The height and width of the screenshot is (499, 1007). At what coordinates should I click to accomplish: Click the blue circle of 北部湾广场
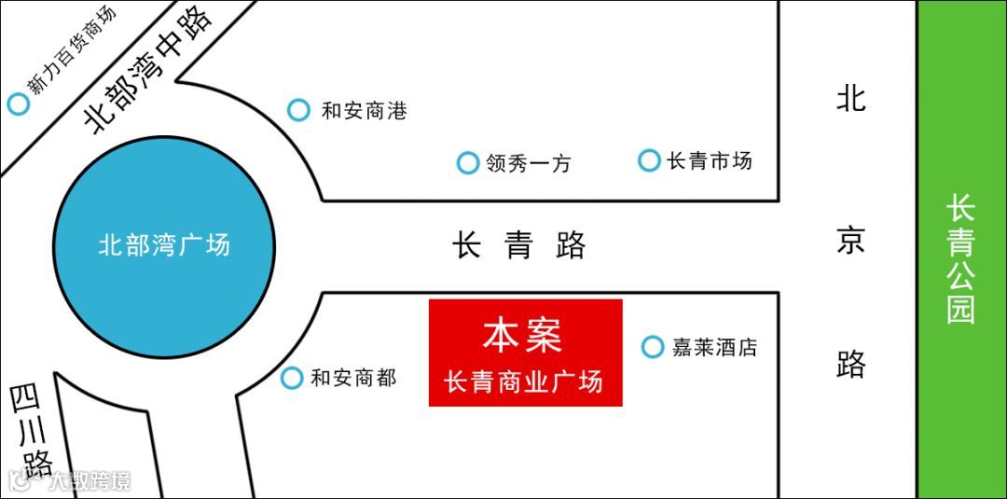point(163,246)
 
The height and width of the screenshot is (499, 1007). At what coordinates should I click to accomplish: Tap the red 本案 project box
point(525,353)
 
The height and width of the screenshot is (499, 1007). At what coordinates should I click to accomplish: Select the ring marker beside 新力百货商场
point(18,104)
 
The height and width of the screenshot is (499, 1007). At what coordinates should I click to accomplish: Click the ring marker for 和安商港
point(298,110)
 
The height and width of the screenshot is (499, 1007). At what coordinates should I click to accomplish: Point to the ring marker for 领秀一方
point(467,163)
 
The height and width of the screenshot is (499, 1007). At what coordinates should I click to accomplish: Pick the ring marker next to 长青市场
point(649,160)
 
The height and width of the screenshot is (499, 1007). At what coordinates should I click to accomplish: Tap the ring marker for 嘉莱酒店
point(653,347)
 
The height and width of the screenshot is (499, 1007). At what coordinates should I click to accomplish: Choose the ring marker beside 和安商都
point(292,378)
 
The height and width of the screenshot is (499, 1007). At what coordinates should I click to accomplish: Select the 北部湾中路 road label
point(149,68)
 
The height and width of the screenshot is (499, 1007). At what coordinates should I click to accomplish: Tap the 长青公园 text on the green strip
point(960,258)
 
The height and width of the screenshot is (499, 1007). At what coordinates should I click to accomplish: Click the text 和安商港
point(364,111)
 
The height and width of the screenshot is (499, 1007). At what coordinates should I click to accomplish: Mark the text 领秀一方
point(528,164)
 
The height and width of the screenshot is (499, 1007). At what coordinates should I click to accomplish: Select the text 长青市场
point(710,160)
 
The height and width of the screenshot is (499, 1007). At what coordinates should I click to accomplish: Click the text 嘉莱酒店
point(714,347)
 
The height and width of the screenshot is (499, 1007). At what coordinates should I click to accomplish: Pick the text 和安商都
point(353,378)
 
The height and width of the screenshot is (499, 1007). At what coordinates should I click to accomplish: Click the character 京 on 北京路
point(850,241)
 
